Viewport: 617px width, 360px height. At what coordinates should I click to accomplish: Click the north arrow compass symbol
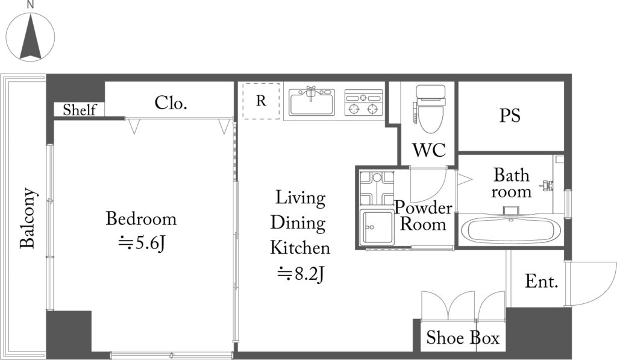tap(30, 37)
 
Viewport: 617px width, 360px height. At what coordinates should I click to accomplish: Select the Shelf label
tap(80, 110)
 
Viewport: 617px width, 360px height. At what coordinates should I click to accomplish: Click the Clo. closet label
tap(171, 103)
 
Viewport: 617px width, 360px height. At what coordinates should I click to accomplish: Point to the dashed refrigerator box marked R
tap(261, 101)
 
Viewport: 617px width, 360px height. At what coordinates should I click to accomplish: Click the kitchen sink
tap(312, 102)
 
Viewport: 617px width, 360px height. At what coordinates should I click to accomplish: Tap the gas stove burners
tap(363, 103)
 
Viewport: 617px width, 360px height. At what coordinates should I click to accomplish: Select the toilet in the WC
tap(430, 109)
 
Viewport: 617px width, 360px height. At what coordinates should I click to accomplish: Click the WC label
tap(429, 150)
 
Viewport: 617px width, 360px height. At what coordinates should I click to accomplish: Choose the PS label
tap(510, 115)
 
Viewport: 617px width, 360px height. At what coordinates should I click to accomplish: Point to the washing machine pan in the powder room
tap(377, 188)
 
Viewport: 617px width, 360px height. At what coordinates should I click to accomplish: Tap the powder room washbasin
tap(377, 227)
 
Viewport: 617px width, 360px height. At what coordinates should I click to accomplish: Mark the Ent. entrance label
tap(542, 281)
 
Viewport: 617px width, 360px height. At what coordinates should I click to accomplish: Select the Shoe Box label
tap(463, 338)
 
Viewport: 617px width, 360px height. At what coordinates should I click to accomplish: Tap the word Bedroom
tap(141, 219)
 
